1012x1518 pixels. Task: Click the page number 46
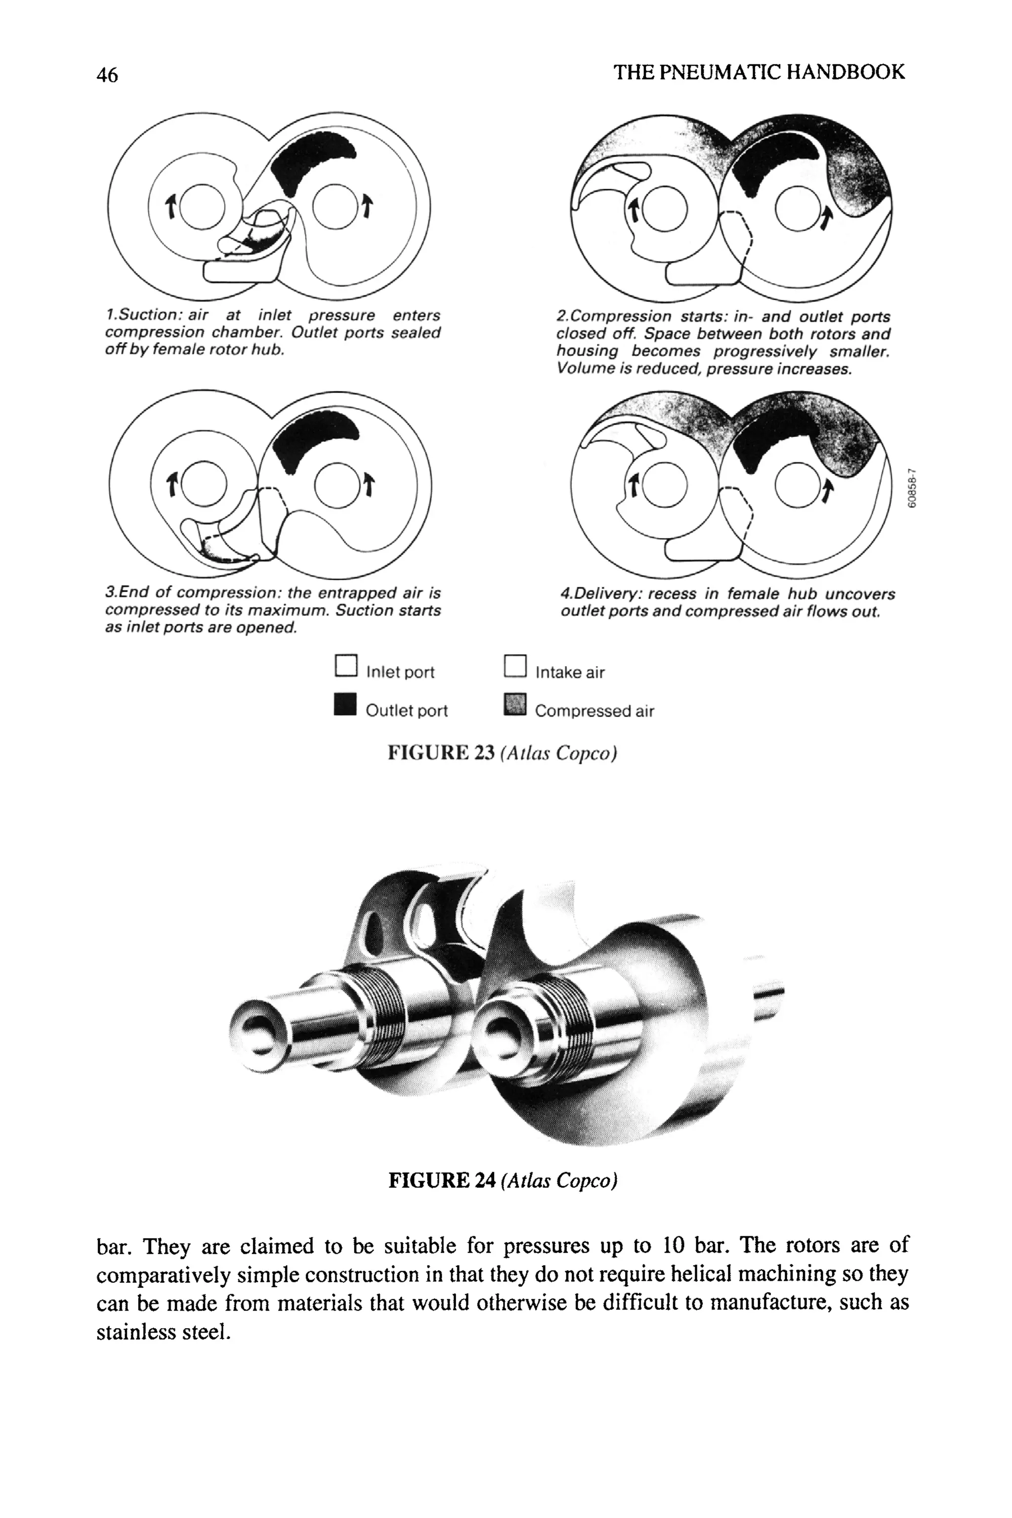(x=107, y=75)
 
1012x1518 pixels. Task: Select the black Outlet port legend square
(x=345, y=704)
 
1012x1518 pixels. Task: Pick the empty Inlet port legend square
(x=346, y=666)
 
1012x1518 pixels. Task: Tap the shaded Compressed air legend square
(x=514, y=705)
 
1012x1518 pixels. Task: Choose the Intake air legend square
(x=514, y=666)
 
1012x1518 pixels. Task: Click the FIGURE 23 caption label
(x=441, y=753)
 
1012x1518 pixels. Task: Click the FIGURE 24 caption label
(x=441, y=1181)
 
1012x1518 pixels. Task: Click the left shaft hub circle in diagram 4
(x=666, y=485)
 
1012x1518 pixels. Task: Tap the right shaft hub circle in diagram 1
(x=335, y=207)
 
